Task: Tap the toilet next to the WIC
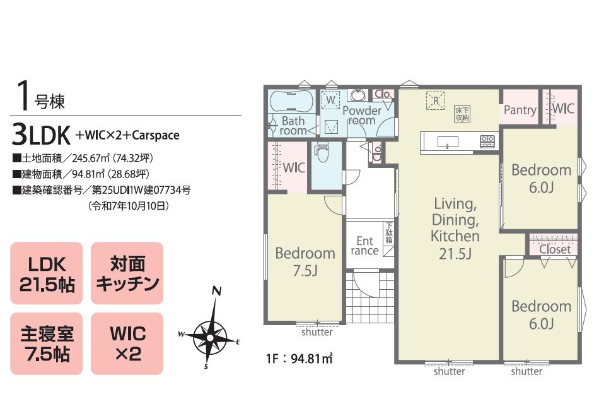(323, 152)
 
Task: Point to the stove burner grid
(487, 141)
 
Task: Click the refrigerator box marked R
(436, 100)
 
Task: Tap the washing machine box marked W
(330, 100)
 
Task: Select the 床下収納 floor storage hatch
(462, 114)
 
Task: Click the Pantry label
(520, 110)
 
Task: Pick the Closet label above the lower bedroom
(555, 249)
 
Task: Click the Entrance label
(365, 246)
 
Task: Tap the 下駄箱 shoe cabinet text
(389, 233)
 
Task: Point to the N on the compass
(217, 291)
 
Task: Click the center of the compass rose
(210, 338)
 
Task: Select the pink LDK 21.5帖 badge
(47, 273)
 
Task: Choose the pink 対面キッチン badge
(127, 273)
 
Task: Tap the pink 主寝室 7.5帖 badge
(47, 343)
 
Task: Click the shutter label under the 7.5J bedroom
(317, 331)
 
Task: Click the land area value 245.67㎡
(93, 158)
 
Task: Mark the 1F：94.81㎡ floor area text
(299, 359)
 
